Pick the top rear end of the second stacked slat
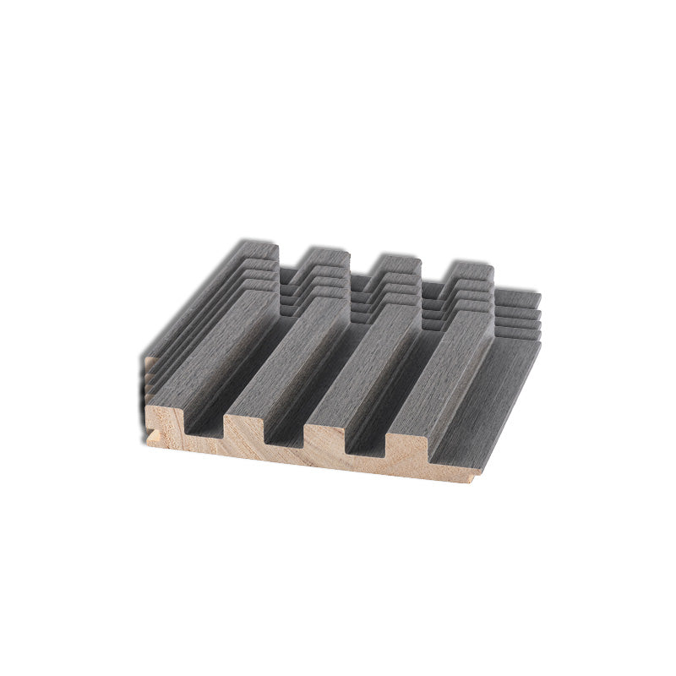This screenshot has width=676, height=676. (327, 257)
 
